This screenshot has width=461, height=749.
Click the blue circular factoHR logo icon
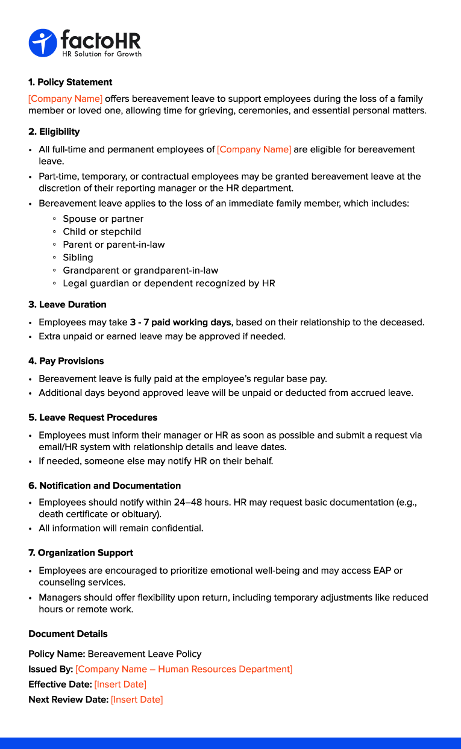tap(42, 43)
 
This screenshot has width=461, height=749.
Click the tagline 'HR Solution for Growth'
tap(102, 54)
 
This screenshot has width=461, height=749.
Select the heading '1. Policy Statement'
tap(71, 82)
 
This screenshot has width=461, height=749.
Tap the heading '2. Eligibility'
tap(54, 131)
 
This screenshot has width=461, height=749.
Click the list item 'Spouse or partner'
tap(103, 219)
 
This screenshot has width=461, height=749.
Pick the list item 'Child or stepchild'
tap(102, 231)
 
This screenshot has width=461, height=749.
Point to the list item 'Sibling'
tap(78, 257)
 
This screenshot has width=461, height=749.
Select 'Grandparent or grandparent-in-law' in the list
tap(140, 271)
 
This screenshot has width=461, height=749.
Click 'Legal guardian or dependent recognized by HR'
tap(169, 283)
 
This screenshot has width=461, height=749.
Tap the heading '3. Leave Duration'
tap(67, 304)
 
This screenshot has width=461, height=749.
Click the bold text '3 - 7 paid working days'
tap(180, 322)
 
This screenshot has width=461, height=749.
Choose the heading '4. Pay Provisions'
tap(66, 361)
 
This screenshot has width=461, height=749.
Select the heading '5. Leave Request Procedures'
tap(93, 418)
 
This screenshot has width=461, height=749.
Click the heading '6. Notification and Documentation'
tap(105, 486)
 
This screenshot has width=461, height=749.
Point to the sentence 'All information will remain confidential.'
tap(121, 528)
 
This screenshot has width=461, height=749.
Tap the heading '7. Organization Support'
tap(81, 553)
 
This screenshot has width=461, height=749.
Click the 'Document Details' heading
tap(68, 634)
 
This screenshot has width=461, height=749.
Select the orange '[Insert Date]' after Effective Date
tap(120, 685)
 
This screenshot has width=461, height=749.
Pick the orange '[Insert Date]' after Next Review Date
tap(137, 700)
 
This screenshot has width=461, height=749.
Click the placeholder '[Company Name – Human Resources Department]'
tap(184, 669)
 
